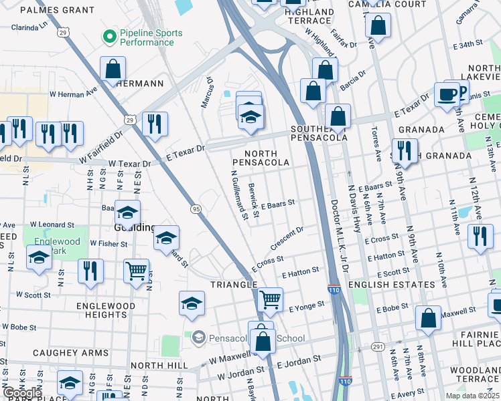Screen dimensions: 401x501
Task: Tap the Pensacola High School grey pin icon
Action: pyautogui.click(x=198, y=338)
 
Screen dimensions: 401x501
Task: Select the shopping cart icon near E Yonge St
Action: pyautogui.click(x=270, y=300)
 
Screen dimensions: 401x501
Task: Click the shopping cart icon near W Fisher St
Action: pyautogui.click(x=136, y=271)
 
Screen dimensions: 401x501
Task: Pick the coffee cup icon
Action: pyautogui.click(x=447, y=94)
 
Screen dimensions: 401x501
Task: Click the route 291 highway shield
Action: pyautogui.click(x=378, y=346)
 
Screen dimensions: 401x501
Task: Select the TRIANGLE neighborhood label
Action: pyautogui.click(x=234, y=285)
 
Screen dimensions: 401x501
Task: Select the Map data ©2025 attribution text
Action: pyautogui.click(x=472, y=396)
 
